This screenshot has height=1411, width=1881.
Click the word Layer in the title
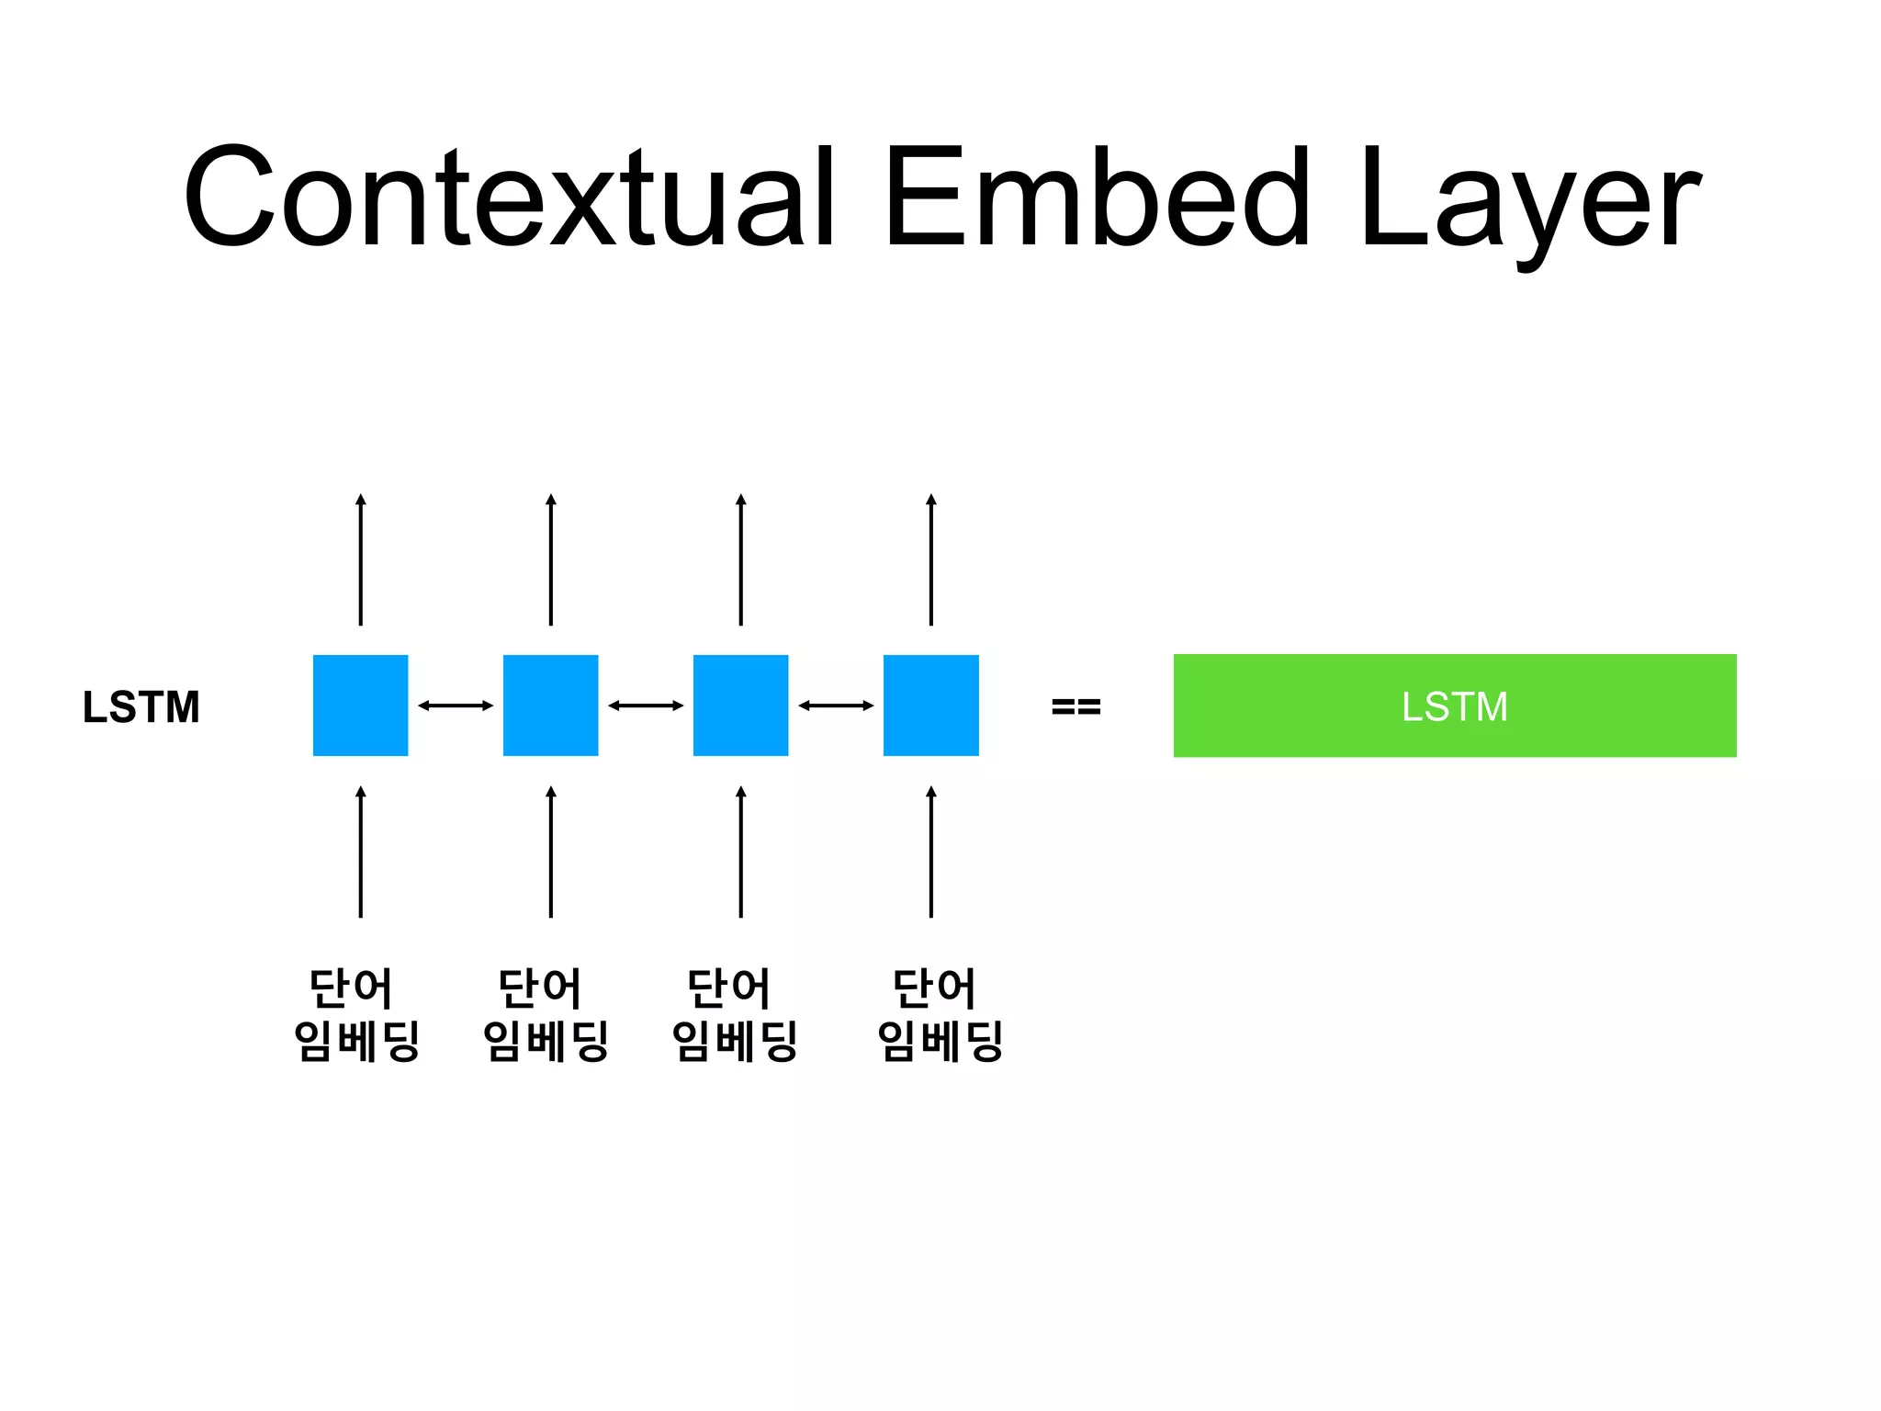[1529, 202]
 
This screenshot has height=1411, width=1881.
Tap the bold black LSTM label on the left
[141, 706]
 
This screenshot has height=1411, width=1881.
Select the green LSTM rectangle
[1454, 705]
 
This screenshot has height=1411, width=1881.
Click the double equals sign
[1076, 706]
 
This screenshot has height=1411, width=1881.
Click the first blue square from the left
[360, 705]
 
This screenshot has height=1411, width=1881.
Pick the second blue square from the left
[550, 705]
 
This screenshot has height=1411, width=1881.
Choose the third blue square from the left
[740, 705]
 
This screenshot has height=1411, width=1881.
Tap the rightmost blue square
[930, 705]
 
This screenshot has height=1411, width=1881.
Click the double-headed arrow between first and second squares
[456, 705]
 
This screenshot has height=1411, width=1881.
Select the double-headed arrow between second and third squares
[646, 705]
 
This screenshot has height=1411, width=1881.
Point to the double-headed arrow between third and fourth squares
[836, 705]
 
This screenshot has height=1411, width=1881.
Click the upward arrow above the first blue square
[361, 560]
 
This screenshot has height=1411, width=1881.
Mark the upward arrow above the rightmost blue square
[931, 560]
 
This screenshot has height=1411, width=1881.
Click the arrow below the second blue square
[551, 852]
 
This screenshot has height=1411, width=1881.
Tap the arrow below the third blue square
[741, 852]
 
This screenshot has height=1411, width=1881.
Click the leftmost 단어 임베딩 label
[356, 1014]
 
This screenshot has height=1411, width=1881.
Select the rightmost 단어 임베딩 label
[940, 1014]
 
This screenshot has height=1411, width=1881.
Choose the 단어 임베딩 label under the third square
[735, 1014]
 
